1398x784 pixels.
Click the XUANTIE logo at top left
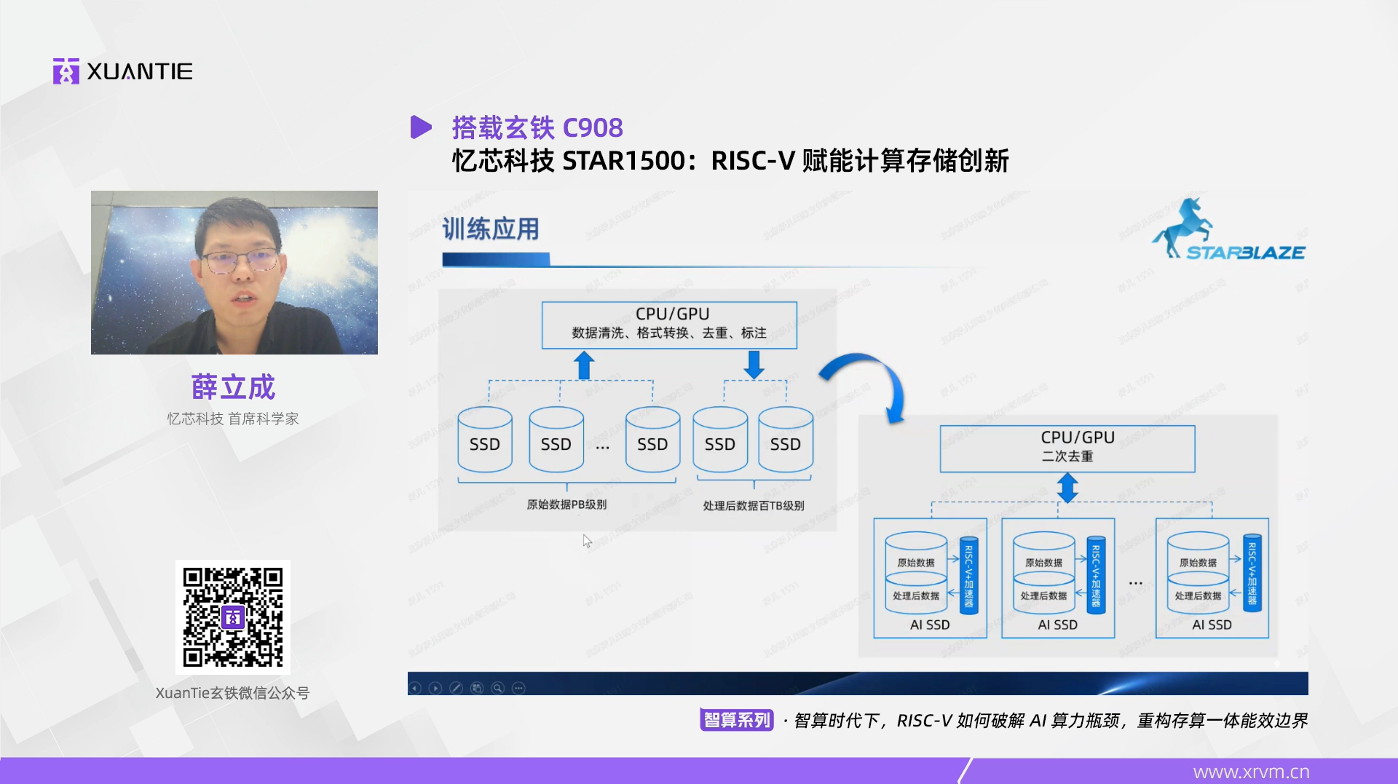[x=122, y=71]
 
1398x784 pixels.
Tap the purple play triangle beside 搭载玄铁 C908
[x=420, y=127]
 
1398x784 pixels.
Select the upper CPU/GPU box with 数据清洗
[x=669, y=325]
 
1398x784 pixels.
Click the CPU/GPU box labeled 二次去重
[x=1067, y=448]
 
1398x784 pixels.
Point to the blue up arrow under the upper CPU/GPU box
[x=584, y=365]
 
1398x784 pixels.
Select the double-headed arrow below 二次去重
[x=1067, y=488]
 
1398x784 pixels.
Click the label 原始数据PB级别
[x=566, y=504]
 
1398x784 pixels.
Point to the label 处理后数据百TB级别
[x=754, y=505]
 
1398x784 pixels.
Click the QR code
[x=233, y=617]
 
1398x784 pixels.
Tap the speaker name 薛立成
[x=233, y=387]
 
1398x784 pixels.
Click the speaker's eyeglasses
[x=240, y=261]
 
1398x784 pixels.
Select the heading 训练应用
[x=491, y=229]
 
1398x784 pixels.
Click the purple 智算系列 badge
[x=736, y=720]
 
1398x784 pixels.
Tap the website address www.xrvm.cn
[x=1251, y=772]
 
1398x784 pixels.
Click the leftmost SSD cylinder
[x=485, y=440]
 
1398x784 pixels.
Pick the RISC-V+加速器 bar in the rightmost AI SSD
[x=1252, y=573]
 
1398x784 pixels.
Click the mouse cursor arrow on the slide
[x=587, y=541]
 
